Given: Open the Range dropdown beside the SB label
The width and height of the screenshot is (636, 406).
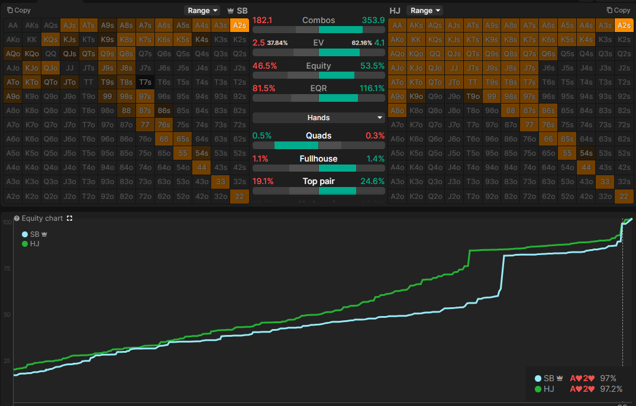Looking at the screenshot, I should pos(202,11).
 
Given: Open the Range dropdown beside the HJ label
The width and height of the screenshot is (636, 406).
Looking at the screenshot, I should pos(424,11).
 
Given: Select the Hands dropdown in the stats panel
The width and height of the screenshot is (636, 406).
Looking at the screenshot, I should pos(318,118).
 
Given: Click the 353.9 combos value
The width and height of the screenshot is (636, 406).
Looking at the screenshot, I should pos(373,20).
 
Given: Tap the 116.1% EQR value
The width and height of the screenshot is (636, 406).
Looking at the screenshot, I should pos(372,88).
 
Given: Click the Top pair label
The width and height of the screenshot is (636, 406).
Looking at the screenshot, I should pos(318,181).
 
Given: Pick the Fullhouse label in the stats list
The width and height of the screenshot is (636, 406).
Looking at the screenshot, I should pos(318,159).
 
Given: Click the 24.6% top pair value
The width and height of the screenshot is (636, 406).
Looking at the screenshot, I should pos(373,181).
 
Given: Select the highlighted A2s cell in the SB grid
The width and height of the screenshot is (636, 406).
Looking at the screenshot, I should pos(239,25).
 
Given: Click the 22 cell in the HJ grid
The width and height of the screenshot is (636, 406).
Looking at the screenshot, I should pos(624,196).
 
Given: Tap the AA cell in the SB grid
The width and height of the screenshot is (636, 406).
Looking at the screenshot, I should pos(12,25).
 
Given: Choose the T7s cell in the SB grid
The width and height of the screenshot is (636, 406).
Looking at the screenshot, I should pos(145,82).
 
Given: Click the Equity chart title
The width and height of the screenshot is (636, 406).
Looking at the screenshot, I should pos(42,218).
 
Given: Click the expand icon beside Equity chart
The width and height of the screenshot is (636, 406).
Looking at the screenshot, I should pos(70,218).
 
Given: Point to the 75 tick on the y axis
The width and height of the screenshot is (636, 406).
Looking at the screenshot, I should pos(7,268).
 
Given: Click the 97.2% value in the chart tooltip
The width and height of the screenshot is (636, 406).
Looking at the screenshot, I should pos(611,389).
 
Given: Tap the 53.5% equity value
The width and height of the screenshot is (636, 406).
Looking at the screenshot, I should pos(372,66).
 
